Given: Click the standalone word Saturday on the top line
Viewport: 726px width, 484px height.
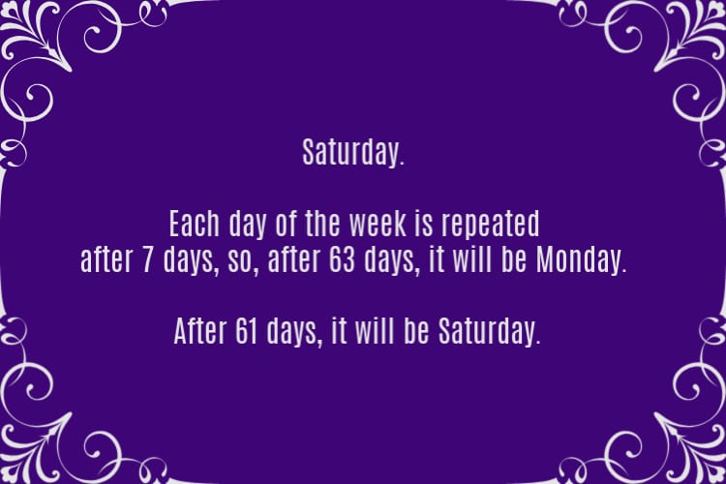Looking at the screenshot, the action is (x=353, y=153).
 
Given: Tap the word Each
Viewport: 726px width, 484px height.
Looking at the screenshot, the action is (x=194, y=224).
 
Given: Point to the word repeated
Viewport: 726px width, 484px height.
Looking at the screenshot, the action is (x=491, y=225).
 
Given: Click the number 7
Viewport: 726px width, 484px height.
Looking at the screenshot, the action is (x=147, y=259).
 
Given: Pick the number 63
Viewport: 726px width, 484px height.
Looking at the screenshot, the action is (x=342, y=259).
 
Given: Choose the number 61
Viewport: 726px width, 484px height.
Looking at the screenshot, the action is (x=246, y=331).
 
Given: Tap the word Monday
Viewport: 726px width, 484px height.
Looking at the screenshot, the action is (x=581, y=260).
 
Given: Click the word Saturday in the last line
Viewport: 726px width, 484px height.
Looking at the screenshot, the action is (x=490, y=332).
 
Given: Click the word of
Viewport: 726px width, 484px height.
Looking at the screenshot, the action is (x=287, y=224).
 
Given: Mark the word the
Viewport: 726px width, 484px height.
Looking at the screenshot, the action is (x=323, y=224).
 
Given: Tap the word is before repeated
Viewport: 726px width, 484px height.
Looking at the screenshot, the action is (x=424, y=224).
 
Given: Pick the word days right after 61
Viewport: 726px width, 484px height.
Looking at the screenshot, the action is (x=294, y=333).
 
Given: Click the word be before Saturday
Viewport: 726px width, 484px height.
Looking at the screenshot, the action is (x=416, y=331).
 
